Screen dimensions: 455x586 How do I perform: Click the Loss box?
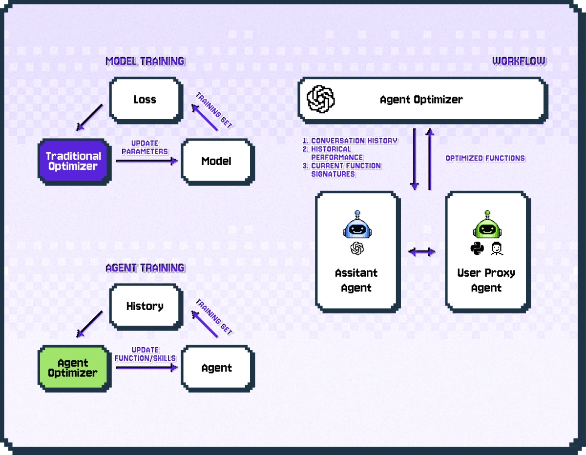point(145,100)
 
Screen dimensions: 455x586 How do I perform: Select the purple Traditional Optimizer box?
point(74,162)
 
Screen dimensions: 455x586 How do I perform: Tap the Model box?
point(216,161)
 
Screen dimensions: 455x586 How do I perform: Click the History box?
point(145,306)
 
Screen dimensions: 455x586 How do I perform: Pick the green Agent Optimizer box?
point(74,368)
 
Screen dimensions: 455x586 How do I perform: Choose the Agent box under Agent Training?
point(216,368)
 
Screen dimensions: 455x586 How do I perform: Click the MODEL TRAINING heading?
point(145,61)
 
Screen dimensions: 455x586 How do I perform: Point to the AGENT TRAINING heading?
point(145,268)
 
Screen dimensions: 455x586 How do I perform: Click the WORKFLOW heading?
point(519,61)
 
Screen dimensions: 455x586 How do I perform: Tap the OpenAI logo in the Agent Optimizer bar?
point(320,99)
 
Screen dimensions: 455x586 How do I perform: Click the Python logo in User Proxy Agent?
point(477,249)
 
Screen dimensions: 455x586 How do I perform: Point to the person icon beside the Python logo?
point(497,249)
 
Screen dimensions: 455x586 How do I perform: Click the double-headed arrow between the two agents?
point(421,252)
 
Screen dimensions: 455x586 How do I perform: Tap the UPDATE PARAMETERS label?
point(145,147)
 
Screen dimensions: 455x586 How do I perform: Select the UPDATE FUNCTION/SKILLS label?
point(145,354)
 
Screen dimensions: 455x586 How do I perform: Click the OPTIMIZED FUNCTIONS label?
point(485,158)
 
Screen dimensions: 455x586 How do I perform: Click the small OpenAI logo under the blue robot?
point(357,248)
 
